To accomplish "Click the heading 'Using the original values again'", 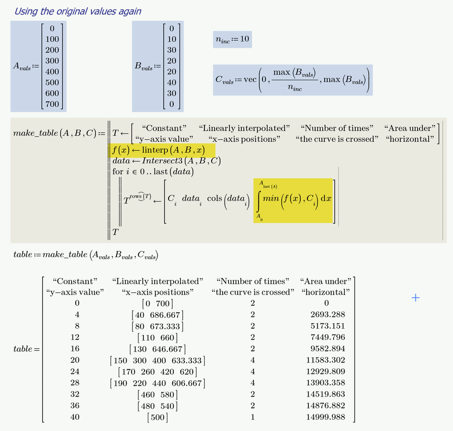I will tap(78, 11).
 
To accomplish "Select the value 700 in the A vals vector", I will tap(52, 104).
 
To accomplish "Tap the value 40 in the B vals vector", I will tap(171, 82).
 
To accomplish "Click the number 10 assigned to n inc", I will tap(244, 39).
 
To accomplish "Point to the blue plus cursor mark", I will tap(415, 297).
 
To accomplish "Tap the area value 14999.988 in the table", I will tap(326, 417).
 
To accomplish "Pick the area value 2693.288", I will tap(326, 315).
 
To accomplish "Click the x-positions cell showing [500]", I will tap(157, 417).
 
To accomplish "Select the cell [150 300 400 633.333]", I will tap(157, 360).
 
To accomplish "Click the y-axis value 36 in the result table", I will tap(75, 406).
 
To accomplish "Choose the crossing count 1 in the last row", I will tap(253, 417).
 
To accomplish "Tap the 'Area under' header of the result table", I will tap(326, 281).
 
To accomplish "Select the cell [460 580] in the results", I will tap(157, 394).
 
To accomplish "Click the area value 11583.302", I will tap(326, 360).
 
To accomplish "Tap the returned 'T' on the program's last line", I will tap(116, 232).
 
